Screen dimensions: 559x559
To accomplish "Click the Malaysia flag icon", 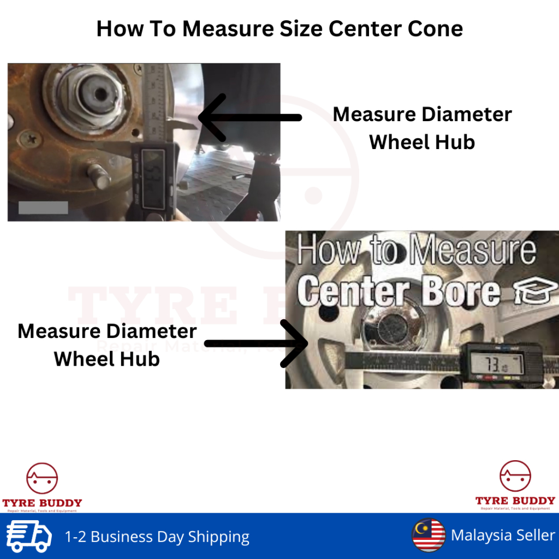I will tap(429, 536).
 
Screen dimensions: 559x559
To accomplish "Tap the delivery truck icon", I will tap(29, 536).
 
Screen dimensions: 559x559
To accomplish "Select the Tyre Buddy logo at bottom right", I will tap(515, 485).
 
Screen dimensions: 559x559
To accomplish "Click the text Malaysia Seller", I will tap(503, 536).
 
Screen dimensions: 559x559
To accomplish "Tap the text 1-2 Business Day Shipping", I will tap(157, 537).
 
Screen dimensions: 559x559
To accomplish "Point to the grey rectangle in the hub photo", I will tap(43, 207).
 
